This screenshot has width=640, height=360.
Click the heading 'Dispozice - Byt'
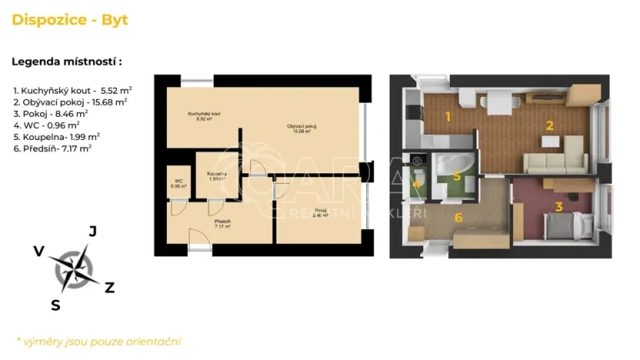[70, 20]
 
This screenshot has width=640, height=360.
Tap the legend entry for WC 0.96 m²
[46, 124]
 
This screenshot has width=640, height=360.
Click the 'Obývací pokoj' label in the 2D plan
[302, 128]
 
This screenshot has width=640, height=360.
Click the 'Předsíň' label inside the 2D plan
[223, 224]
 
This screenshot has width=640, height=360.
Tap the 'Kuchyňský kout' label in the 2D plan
[204, 116]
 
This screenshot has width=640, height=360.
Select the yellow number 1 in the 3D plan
[447, 117]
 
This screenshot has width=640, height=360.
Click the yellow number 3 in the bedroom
[559, 206]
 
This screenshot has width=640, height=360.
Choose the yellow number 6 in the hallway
[458, 218]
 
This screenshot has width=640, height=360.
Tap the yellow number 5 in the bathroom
[457, 176]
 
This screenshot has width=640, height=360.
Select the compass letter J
[92, 231]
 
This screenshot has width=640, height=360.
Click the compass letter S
[55, 305]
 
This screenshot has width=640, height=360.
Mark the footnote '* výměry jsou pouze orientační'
[98, 341]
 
